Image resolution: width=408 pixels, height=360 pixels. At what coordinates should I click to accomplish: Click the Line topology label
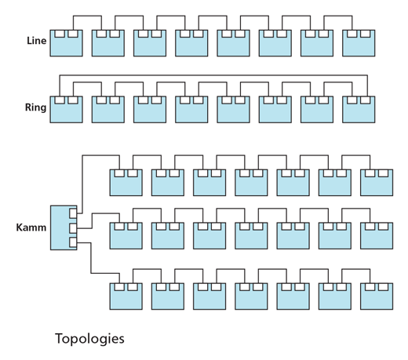click(37, 41)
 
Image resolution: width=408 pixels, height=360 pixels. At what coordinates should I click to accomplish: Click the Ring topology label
click(35, 107)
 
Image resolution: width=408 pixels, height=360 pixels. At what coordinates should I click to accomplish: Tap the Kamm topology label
click(31, 227)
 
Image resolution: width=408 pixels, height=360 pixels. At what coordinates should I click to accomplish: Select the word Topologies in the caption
click(89, 339)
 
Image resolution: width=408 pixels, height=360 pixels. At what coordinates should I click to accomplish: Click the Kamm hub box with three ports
click(64, 227)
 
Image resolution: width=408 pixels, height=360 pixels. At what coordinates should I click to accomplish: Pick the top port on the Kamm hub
click(73, 213)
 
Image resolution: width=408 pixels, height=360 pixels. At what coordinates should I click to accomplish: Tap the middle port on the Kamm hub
click(73, 228)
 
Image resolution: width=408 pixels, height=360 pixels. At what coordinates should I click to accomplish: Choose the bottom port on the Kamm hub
click(73, 242)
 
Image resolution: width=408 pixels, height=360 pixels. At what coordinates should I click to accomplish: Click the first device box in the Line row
click(67, 43)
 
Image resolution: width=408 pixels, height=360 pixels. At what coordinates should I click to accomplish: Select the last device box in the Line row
click(359, 43)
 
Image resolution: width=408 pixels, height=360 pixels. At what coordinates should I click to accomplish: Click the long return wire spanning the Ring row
click(213, 75)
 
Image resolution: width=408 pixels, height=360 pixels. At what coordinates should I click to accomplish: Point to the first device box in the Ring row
click(67, 110)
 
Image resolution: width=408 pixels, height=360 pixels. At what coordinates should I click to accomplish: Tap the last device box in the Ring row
click(359, 110)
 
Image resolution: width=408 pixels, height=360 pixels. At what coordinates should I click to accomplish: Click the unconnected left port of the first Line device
click(60, 34)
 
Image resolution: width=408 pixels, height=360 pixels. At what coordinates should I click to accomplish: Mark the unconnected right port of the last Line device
click(366, 34)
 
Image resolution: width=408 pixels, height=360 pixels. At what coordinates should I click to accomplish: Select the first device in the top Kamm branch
click(126, 183)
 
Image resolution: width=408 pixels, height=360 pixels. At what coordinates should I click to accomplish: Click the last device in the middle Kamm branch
click(377, 236)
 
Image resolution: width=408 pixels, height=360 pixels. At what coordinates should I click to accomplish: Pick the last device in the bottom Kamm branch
click(377, 296)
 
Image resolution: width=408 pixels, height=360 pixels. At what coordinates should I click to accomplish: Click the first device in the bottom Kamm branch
click(126, 296)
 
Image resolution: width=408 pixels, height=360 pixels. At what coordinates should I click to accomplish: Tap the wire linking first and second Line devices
click(87, 16)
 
